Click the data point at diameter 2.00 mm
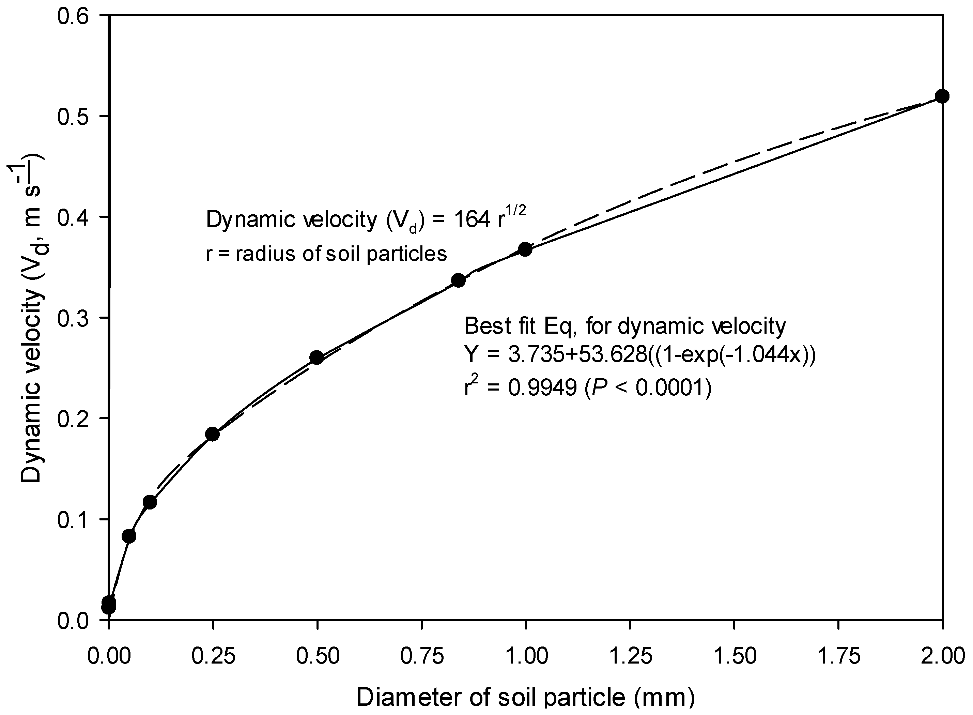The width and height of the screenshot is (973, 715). tap(942, 96)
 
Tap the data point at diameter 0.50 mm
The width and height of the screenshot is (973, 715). tap(317, 358)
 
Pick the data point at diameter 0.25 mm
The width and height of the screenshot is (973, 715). tap(213, 434)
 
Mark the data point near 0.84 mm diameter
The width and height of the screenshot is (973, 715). tap(458, 280)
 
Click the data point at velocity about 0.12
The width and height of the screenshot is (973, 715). tap(150, 502)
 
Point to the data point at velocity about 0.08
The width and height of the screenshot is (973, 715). tap(129, 536)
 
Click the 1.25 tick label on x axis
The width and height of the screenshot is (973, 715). tap(630, 656)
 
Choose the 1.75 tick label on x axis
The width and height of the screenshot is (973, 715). tap(838, 656)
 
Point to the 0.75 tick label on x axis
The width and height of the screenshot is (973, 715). tap(421, 656)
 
